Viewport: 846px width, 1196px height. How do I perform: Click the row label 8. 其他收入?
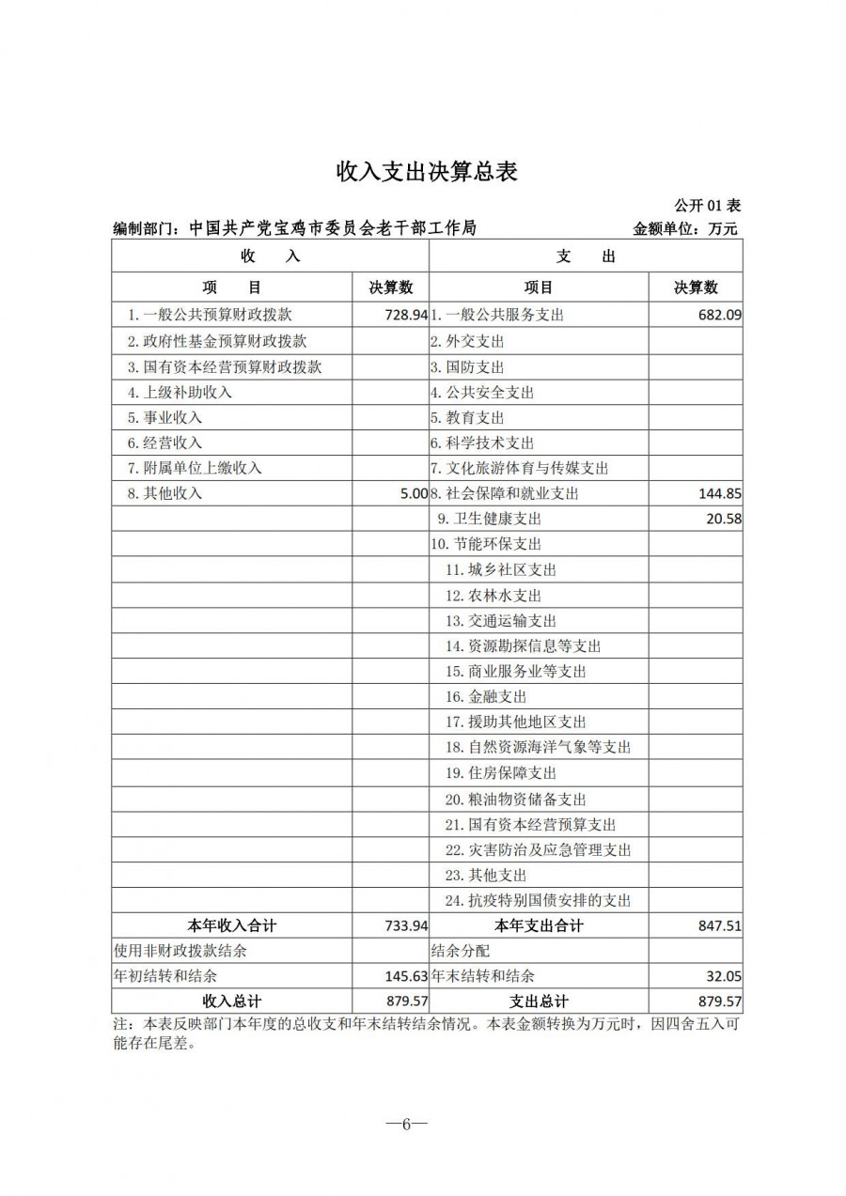164,493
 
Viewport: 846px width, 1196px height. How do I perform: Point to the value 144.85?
720,493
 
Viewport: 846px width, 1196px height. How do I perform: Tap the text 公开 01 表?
707,206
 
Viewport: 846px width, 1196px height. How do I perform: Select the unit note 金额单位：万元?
686,228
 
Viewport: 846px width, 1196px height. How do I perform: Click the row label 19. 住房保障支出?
501,773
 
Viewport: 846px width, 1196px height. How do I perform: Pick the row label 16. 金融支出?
486,697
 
